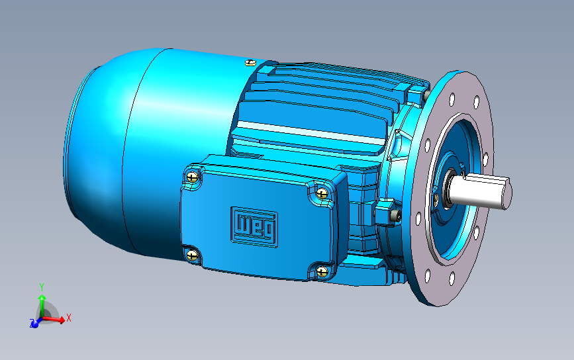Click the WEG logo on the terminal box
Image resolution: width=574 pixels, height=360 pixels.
pyautogui.click(x=254, y=227)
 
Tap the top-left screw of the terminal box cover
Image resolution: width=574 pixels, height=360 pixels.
pyautogui.click(x=192, y=177)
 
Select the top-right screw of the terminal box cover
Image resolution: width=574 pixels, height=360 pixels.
pyautogui.click(x=322, y=193)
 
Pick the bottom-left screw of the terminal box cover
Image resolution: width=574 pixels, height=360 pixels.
pyautogui.click(x=192, y=255)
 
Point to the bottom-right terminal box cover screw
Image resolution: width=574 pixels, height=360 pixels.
pyautogui.click(x=322, y=271)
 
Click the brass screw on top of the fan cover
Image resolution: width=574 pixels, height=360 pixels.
pyautogui.click(x=250, y=63)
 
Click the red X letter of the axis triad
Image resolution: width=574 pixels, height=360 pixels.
pyautogui.click(x=68, y=318)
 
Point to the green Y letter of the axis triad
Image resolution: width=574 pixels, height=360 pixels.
pyautogui.click(x=42, y=287)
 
